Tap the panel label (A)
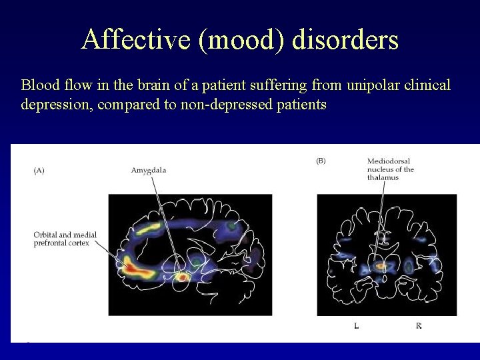click(39, 171)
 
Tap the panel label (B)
click(321, 161)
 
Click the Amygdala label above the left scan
click(149, 171)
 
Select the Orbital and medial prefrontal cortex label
click(65, 239)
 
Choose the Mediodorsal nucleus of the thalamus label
click(391, 169)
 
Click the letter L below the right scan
click(357, 325)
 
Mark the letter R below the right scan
click(418, 325)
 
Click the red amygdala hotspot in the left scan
click(181, 277)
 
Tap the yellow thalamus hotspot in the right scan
click(381, 266)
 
